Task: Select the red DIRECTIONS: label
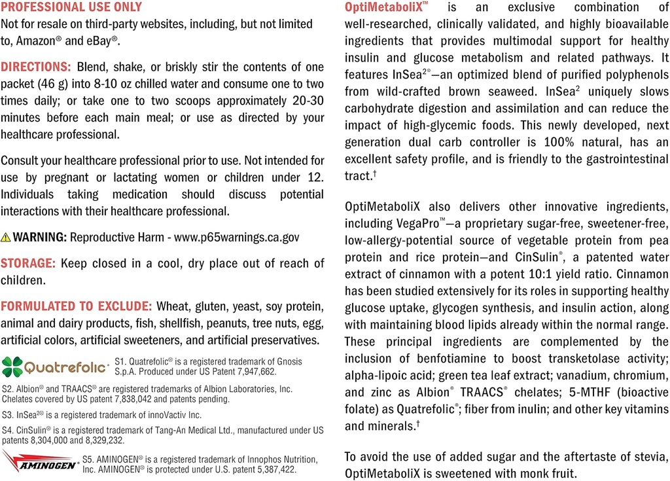click(x=36, y=67)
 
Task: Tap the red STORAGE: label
click(x=28, y=263)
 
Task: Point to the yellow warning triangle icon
click(x=6, y=237)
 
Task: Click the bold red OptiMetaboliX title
click(x=386, y=8)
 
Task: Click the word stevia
click(x=649, y=456)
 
